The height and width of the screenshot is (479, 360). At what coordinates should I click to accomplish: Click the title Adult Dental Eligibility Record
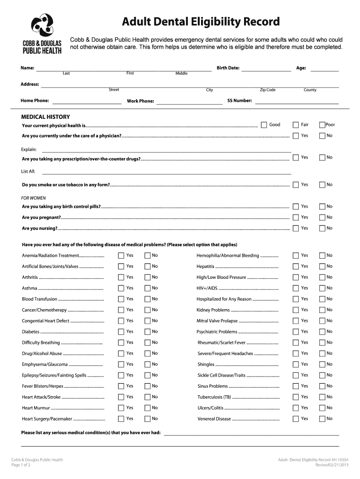pyautogui.click(x=201, y=22)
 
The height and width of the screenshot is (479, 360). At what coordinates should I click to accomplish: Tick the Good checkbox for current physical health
pyautogui.click(x=264, y=124)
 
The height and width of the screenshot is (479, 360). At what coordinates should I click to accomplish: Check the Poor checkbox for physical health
pyautogui.click(x=322, y=124)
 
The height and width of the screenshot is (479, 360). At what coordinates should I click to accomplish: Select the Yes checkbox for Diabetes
pyautogui.click(x=121, y=332)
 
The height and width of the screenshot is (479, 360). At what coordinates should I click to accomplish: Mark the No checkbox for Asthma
pyautogui.click(x=147, y=288)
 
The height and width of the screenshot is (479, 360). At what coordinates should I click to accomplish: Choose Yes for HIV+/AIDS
pyautogui.click(x=295, y=288)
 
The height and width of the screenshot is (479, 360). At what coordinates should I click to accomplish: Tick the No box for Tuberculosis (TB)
pyautogui.click(x=322, y=397)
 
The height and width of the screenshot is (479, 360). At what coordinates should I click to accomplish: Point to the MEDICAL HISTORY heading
pyautogui.click(x=46, y=116)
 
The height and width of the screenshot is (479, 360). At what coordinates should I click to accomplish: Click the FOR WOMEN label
pyautogui.click(x=34, y=198)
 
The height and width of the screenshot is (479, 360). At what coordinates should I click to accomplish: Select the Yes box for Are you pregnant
pyautogui.click(x=295, y=217)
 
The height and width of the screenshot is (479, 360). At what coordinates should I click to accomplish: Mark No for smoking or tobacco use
pyautogui.click(x=322, y=185)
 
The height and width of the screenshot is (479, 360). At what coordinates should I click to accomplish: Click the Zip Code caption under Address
pyautogui.click(x=267, y=90)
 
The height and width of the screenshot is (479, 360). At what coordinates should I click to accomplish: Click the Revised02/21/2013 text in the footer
pyautogui.click(x=332, y=465)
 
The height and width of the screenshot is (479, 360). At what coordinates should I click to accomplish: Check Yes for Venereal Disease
pyautogui.click(x=295, y=419)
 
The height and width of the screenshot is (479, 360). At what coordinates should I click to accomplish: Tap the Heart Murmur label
pyautogui.click(x=34, y=408)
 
